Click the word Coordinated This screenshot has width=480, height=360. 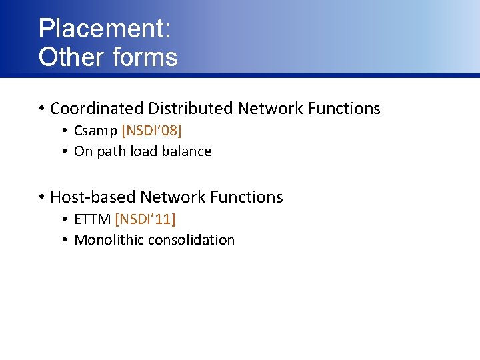97,108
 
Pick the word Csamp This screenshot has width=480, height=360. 95,130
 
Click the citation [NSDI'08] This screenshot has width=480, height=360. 151,130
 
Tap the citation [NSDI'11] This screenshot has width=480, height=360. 145,218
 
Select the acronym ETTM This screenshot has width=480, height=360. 93,218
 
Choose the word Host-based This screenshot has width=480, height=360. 93,197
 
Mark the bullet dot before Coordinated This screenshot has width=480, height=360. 41,109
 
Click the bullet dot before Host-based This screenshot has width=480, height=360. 41,197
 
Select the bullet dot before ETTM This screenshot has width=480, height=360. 66,219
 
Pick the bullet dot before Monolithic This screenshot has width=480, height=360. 66,240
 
